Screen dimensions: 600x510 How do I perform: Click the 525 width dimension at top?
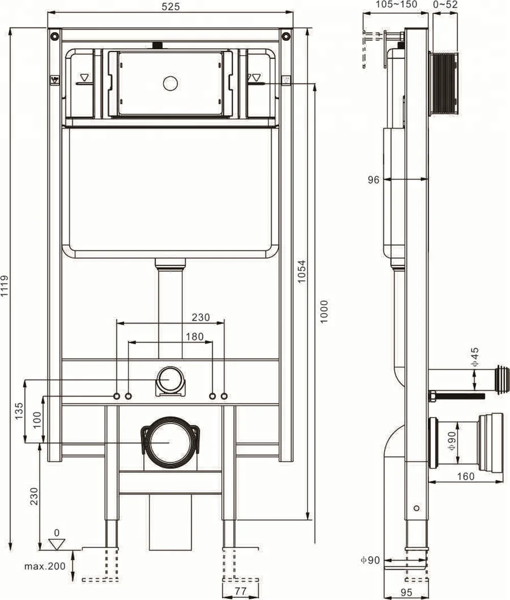(170, 7)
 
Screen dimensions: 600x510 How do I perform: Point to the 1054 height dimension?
(302, 272)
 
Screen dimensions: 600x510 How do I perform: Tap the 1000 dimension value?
(324, 311)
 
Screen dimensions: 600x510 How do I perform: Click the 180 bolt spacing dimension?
(194, 336)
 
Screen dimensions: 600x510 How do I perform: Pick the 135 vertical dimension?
(19, 410)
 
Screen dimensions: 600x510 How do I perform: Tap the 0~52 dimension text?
(445, 5)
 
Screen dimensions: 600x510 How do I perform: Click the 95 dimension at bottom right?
(405, 592)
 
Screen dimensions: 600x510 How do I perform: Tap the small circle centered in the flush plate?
(169, 83)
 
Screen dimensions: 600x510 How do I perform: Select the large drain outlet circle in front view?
(170, 442)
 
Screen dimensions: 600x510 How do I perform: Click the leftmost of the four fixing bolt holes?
(116, 396)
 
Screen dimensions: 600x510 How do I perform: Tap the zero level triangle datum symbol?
(57, 544)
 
